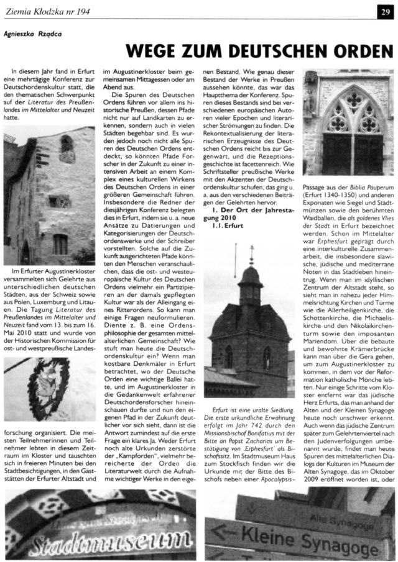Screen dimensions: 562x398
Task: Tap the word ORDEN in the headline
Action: [x=361, y=49]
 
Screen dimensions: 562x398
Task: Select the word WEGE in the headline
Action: [x=149, y=49]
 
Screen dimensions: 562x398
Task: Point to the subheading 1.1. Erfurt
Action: [x=228, y=225]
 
